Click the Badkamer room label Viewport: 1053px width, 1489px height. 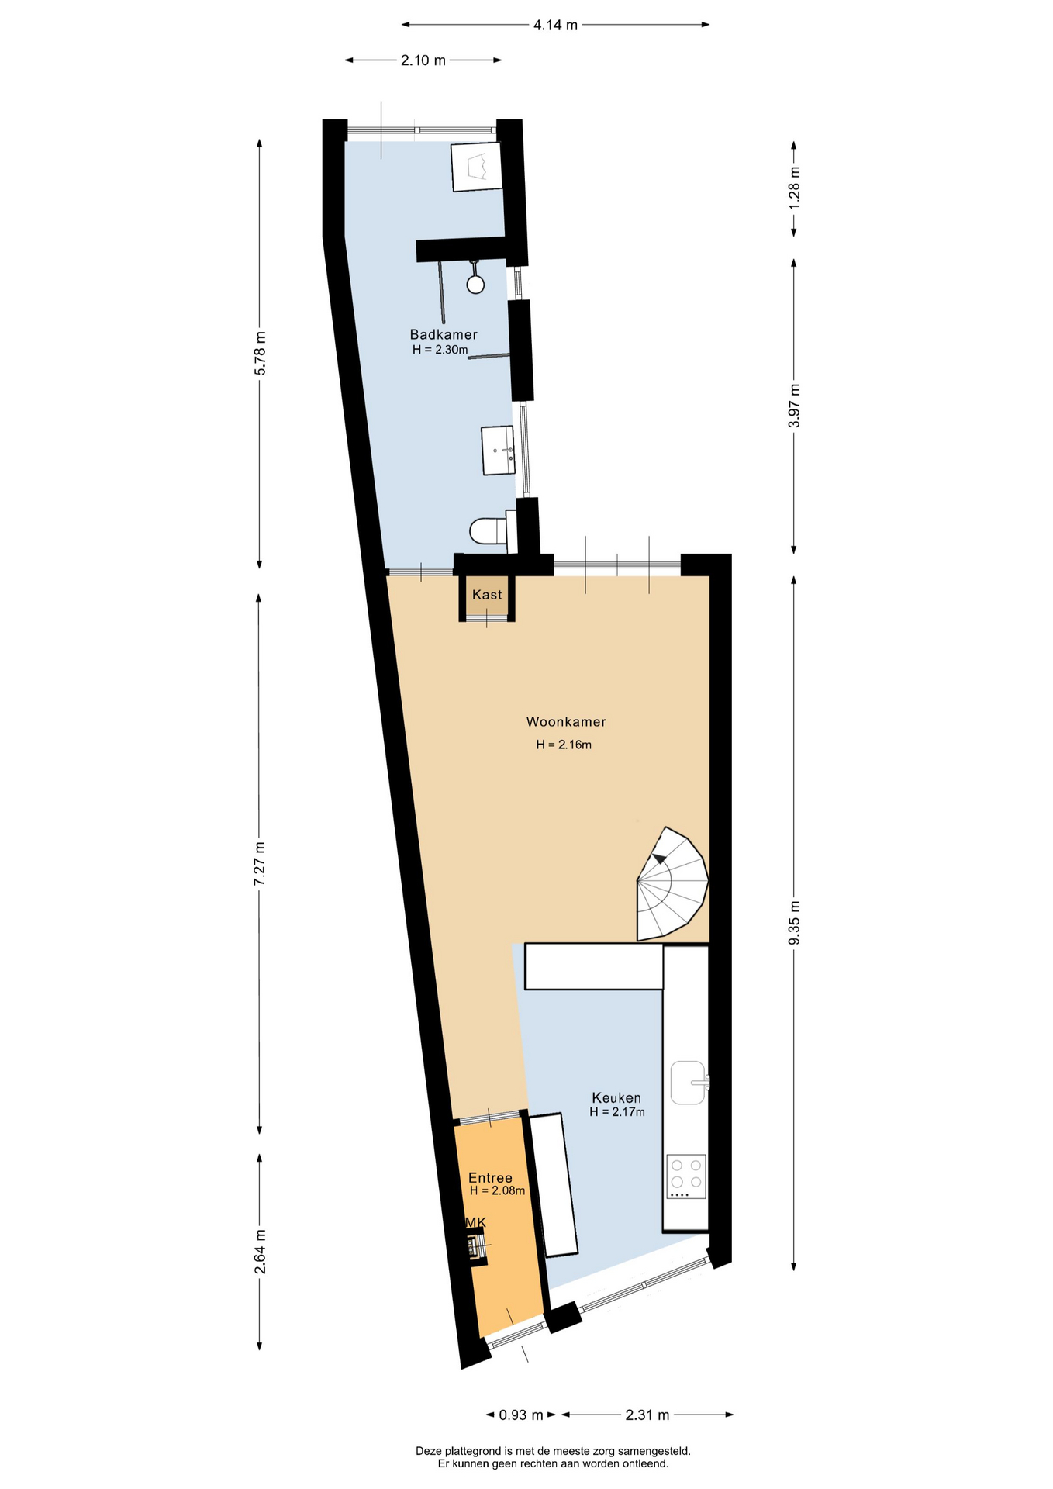(x=444, y=334)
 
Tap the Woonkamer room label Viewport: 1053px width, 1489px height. (x=566, y=721)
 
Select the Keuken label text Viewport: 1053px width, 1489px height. (x=616, y=1097)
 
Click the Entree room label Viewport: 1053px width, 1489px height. (x=490, y=1178)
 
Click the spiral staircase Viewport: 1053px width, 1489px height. (x=672, y=884)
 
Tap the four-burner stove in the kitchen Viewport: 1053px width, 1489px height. (x=686, y=1176)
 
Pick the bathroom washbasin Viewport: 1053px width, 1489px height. (x=498, y=450)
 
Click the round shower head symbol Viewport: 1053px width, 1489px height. (x=475, y=285)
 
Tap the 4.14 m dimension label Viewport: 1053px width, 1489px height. (x=555, y=25)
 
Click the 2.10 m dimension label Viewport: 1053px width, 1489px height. (x=423, y=60)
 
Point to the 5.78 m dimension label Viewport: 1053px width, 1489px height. (x=260, y=353)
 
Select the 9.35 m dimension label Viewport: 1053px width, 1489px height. (x=794, y=923)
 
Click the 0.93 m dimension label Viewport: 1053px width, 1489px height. (x=521, y=1415)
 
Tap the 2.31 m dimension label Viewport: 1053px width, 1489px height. (x=647, y=1415)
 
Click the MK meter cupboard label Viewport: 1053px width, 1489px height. (x=475, y=1223)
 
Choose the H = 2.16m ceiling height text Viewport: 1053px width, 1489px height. (x=564, y=745)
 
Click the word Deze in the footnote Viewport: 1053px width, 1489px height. (x=429, y=1451)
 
